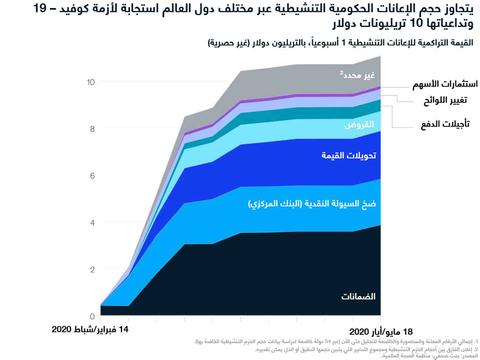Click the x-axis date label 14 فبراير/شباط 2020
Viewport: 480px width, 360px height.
click(90, 329)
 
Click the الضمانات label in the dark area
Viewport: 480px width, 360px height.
click(358, 296)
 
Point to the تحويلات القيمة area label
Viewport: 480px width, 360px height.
click(349, 155)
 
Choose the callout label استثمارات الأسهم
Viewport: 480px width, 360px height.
click(445, 84)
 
